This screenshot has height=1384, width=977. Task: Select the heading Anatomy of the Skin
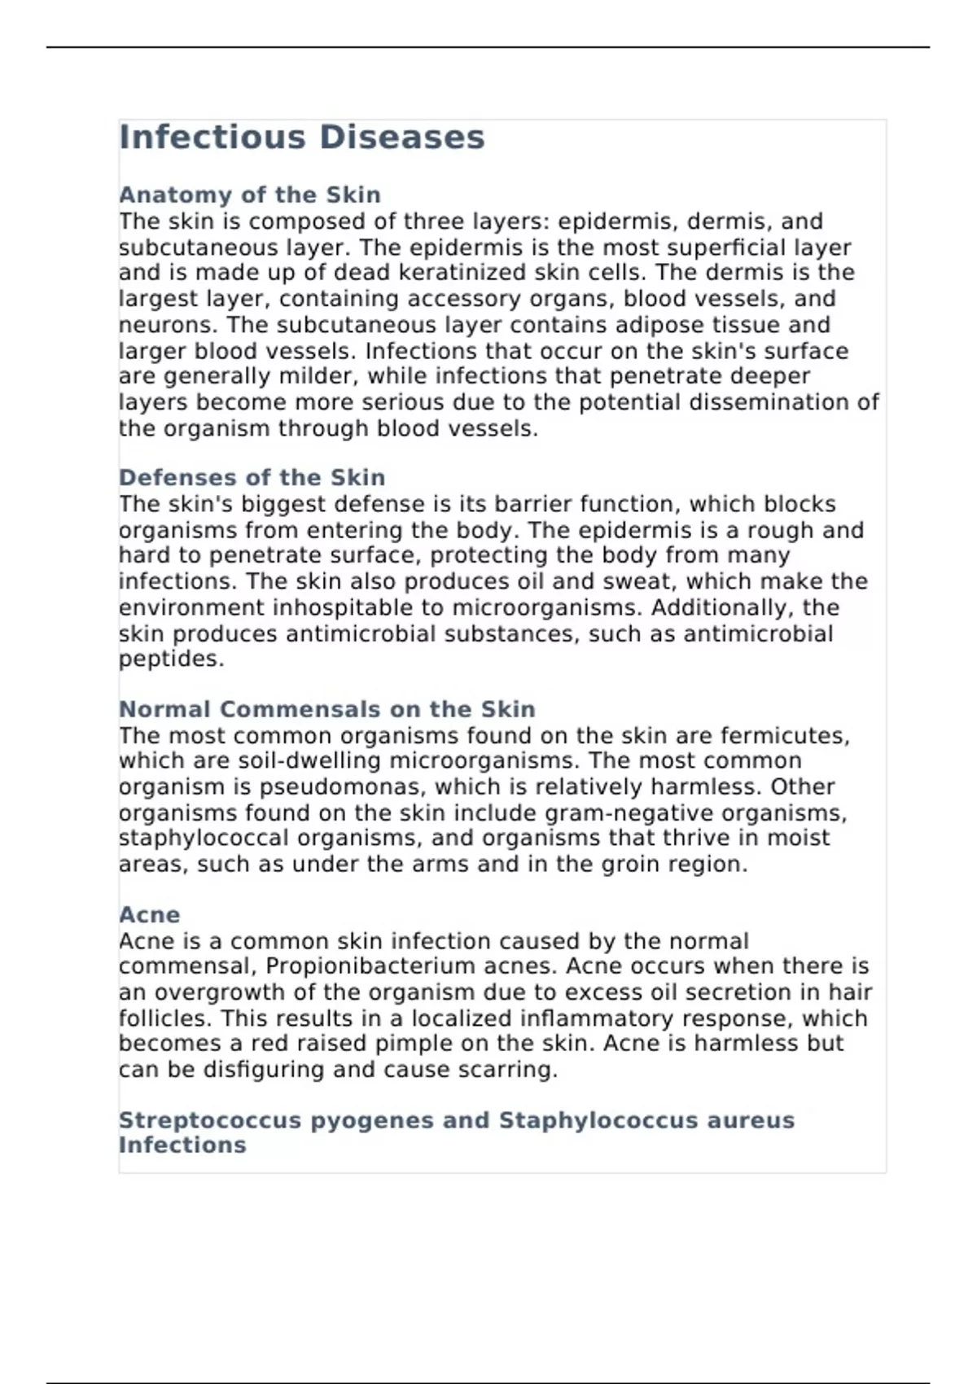[249, 195]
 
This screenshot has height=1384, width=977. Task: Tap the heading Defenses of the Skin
[252, 477]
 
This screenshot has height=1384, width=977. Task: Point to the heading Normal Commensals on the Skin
[326, 709]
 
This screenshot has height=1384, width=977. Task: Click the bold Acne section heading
[149, 915]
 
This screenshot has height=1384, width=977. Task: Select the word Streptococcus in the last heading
[210, 1120]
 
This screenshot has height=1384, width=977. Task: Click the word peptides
[171, 659]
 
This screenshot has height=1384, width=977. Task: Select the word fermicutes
[784, 736]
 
